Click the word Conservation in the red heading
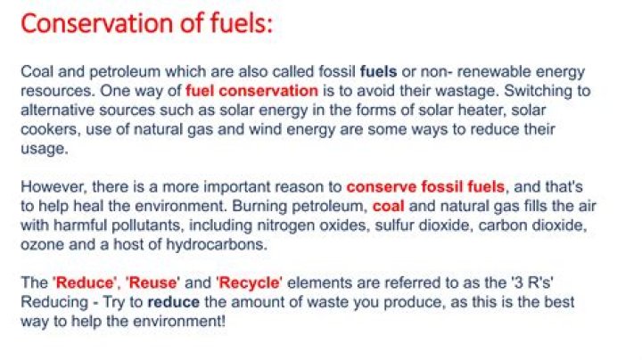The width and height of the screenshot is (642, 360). coord(97,23)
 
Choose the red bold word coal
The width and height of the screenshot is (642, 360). coord(388,206)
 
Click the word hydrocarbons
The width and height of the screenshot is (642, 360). coord(216,245)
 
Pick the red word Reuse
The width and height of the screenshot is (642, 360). coord(152,282)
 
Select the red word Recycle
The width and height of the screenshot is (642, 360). coord(249,283)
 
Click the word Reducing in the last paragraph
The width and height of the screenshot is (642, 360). coord(54,302)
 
